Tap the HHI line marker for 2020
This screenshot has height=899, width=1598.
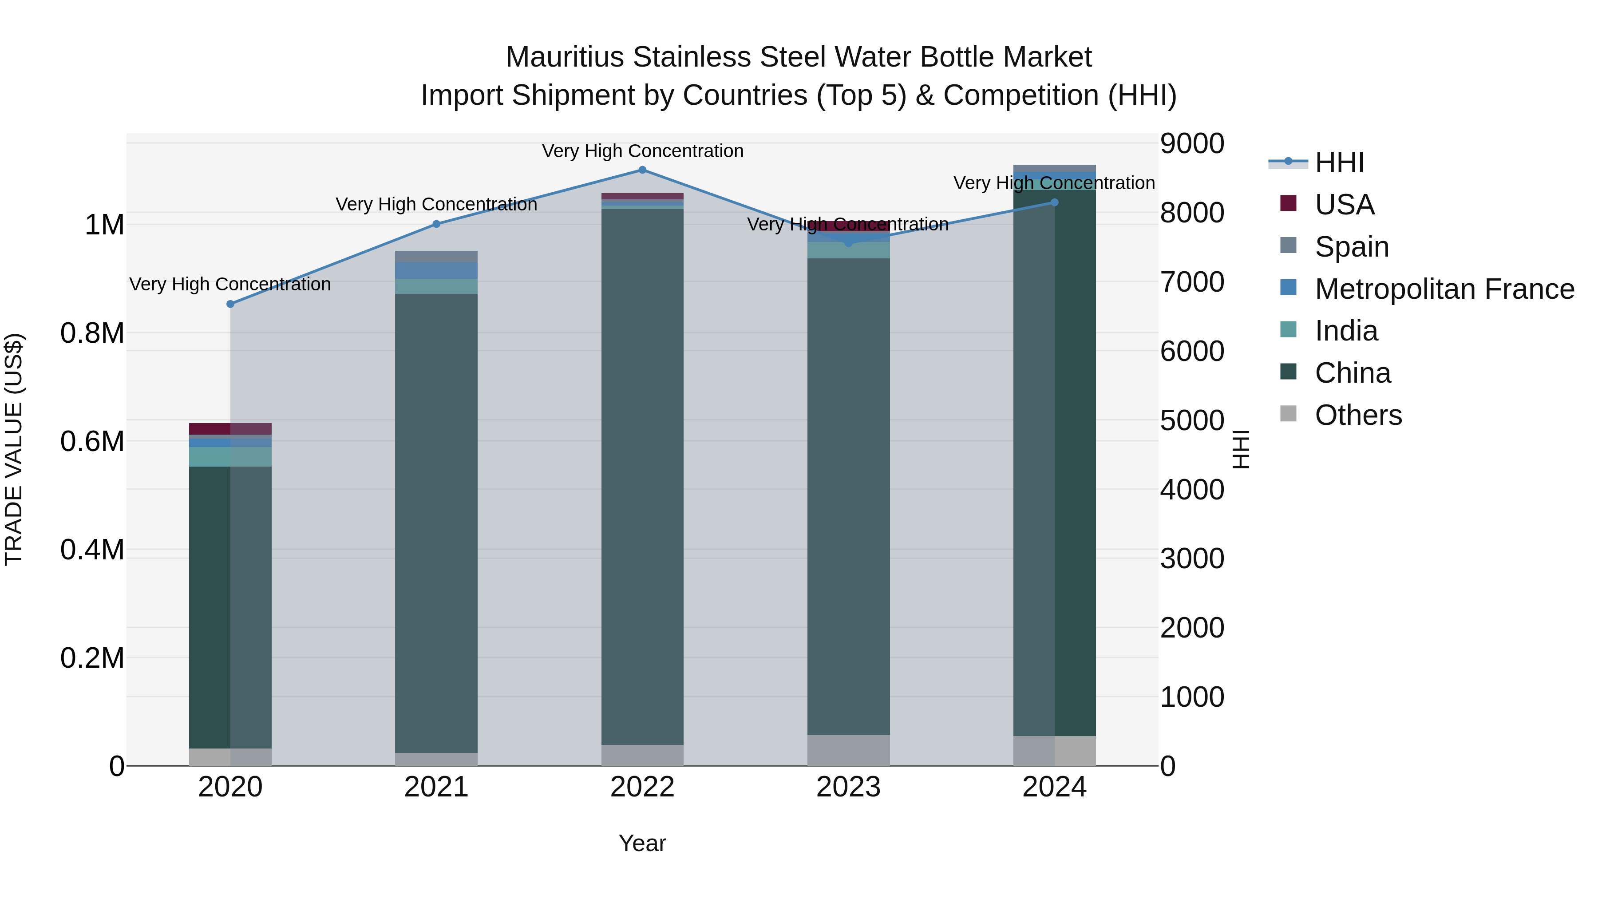pos(230,304)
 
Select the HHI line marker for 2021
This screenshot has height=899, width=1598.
pos(436,224)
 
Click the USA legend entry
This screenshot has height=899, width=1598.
pos(1344,205)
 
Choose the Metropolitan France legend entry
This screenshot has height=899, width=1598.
pos(1444,289)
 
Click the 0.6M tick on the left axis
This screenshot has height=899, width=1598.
pos(92,442)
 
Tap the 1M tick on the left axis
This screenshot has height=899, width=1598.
pos(104,225)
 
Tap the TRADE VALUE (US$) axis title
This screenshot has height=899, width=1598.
pos(14,449)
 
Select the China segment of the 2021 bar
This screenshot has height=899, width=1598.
pos(436,523)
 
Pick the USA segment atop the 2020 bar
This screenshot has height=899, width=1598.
pos(230,429)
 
